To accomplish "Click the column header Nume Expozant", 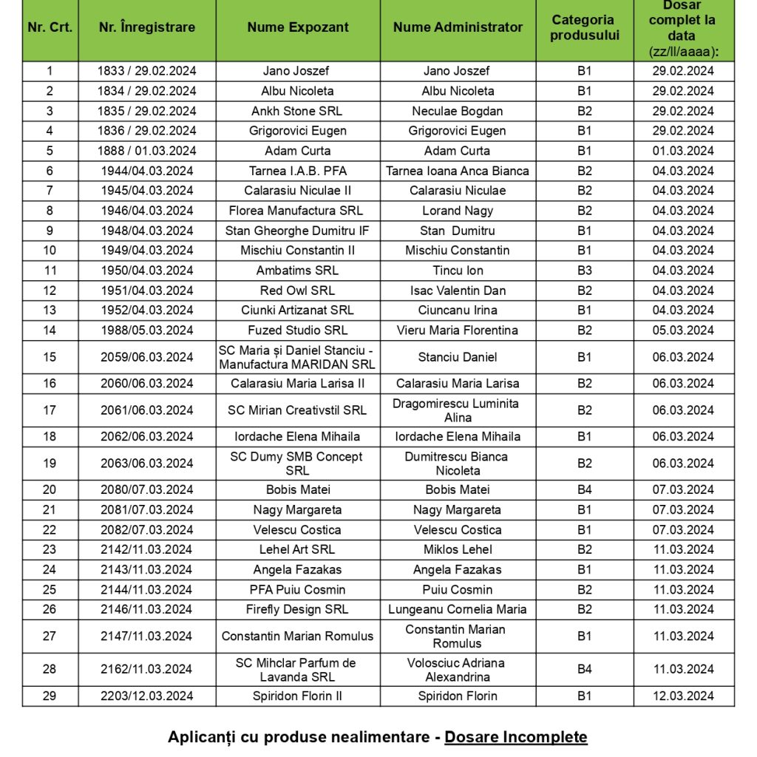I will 298,27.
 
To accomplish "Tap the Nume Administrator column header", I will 458,27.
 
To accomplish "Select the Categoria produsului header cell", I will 584,27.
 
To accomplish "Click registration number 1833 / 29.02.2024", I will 147,71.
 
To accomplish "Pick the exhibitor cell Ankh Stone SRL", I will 297,111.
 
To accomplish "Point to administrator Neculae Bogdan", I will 458,111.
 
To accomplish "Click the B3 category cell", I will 584,271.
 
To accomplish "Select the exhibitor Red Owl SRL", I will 297,291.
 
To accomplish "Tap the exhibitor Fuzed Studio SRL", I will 297,330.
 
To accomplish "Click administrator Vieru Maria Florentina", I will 458,330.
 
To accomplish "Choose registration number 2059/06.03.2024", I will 147,357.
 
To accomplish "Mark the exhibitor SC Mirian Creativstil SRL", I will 297,410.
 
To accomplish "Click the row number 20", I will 50,489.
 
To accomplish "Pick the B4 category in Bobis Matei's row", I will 584,489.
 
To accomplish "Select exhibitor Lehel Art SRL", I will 297,549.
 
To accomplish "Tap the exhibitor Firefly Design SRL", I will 297,609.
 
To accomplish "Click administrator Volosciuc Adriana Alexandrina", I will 458,669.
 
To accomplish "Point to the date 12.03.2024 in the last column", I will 683,696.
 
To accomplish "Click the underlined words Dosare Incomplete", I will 516,737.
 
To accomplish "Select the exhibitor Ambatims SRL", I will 297,271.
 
